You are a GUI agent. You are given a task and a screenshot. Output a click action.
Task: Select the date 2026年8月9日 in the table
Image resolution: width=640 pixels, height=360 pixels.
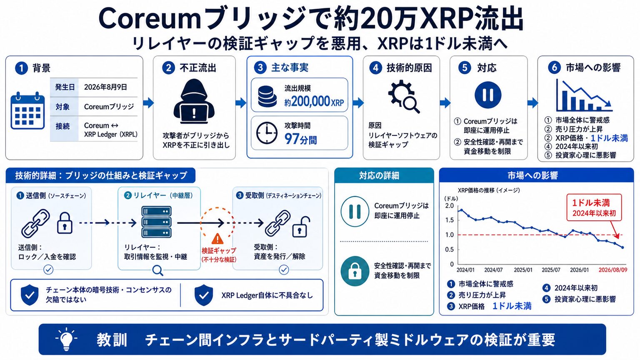(105, 87)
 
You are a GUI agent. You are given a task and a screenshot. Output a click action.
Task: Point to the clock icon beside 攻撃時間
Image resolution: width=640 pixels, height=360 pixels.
(267, 133)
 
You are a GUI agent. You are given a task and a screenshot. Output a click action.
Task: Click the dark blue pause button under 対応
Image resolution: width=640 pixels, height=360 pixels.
(488, 95)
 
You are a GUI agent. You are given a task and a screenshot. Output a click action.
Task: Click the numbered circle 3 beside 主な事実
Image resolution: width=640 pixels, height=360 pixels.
(260, 68)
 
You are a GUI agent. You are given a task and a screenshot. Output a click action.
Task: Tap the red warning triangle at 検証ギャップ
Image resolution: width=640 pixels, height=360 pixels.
(217, 239)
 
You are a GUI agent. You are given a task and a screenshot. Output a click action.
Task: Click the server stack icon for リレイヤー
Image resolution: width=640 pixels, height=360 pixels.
(156, 222)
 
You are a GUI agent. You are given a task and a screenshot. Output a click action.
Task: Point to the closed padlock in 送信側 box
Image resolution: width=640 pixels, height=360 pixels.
(65, 223)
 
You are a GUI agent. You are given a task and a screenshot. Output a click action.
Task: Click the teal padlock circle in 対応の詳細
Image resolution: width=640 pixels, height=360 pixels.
(355, 271)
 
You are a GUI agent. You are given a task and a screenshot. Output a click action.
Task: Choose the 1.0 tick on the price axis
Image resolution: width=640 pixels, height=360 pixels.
(450, 235)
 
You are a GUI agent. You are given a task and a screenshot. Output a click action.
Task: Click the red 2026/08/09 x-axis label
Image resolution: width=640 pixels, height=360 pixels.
(613, 270)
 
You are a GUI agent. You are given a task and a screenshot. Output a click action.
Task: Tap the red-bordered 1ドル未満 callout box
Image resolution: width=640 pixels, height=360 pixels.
(594, 207)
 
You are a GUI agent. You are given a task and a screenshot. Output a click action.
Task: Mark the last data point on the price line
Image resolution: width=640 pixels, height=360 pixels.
(622, 247)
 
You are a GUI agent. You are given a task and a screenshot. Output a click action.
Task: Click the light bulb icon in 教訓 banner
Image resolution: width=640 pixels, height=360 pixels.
(66, 339)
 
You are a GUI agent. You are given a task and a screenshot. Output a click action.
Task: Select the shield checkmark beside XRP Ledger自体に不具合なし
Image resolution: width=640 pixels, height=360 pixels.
(203, 295)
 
